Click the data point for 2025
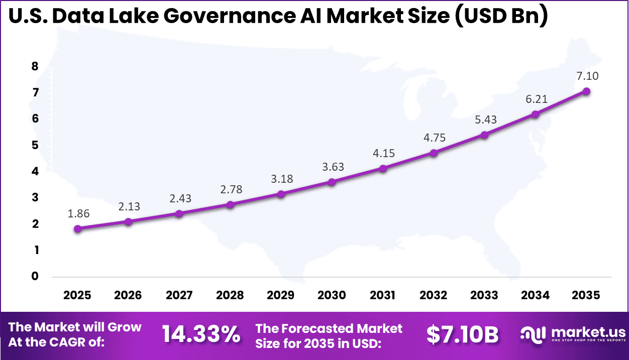77,229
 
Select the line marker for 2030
332,182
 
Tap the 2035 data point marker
586,91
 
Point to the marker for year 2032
434,153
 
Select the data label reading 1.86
79,213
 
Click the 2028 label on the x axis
230,295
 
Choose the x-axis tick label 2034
535,295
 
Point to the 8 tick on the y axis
35,67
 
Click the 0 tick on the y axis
35,276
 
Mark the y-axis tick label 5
35,146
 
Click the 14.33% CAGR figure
201,334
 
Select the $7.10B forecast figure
462,334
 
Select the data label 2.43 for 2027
180,198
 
